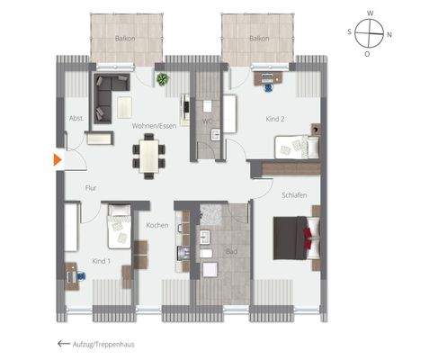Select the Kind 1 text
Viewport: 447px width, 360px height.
tap(102, 261)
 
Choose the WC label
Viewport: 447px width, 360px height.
tap(206, 119)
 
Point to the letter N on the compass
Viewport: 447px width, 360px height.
tap(389, 34)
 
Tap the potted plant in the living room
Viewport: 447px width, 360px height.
tap(162, 79)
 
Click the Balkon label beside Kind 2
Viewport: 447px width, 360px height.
tap(259, 39)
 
